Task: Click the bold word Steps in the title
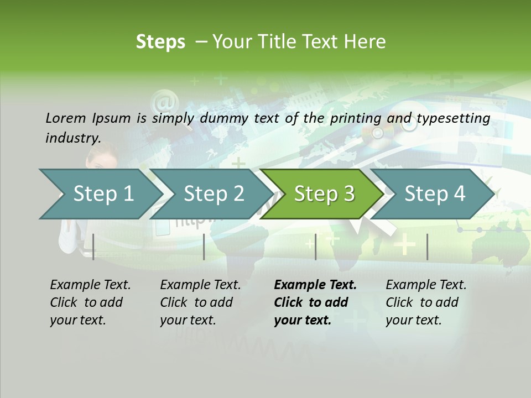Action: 160,42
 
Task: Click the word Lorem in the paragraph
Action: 65,118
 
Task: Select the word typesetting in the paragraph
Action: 453,118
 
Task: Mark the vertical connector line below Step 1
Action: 93,247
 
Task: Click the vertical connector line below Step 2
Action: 204,247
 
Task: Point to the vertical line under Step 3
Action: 315,247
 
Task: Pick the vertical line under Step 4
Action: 427,247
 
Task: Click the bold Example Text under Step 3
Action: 315,285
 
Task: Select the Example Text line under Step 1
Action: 90,285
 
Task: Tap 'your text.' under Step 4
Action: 413,320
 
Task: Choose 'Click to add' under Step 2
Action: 196,302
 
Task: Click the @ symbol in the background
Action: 164,103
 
